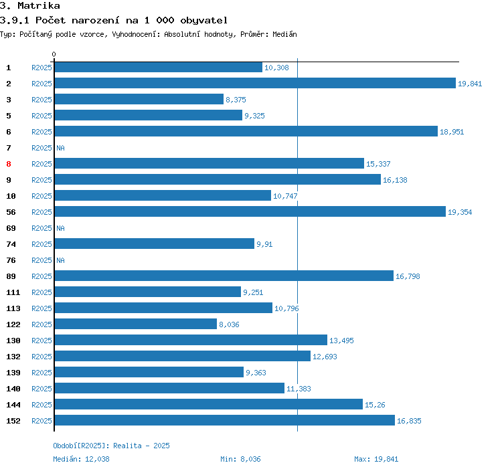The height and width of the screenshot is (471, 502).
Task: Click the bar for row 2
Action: point(254,84)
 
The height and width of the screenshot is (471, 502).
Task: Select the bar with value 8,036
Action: point(136,324)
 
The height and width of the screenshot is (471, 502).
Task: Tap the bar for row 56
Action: point(250,212)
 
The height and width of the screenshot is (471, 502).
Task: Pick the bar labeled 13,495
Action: point(191,341)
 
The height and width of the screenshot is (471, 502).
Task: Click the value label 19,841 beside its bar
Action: point(470,84)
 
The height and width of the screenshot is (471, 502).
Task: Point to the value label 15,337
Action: point(378,164)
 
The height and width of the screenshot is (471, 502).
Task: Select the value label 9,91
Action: point(264,244)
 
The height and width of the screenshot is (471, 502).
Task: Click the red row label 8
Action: point(9,164)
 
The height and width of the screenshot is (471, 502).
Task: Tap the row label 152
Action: point(13,421)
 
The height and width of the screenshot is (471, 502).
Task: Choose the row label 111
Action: point(13,292)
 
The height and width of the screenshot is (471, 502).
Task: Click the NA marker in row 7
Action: point(60,148)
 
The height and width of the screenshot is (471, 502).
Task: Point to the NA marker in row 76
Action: point(60,260)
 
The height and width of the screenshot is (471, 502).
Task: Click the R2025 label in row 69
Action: point(41,228)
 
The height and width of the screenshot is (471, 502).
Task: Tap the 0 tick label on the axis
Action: point(54,54)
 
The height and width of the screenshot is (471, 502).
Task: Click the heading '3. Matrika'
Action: point(31,6)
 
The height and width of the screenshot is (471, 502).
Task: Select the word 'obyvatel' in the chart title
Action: point(200,20)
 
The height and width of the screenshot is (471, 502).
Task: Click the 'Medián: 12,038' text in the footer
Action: point(81,459)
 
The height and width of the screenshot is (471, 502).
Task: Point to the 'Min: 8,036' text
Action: point(240,459)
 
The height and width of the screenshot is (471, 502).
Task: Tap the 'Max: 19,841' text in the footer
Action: point(376,459)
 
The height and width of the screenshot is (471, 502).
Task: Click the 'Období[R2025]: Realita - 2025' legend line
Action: point(107,446)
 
